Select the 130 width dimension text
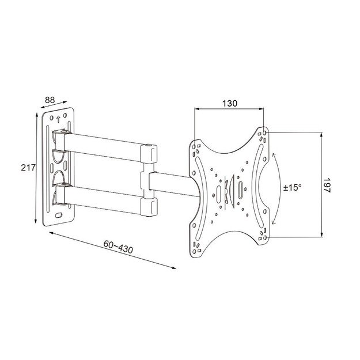pos(229,104)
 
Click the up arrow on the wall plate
pos(58,119)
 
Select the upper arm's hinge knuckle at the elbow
pos(149,153)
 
